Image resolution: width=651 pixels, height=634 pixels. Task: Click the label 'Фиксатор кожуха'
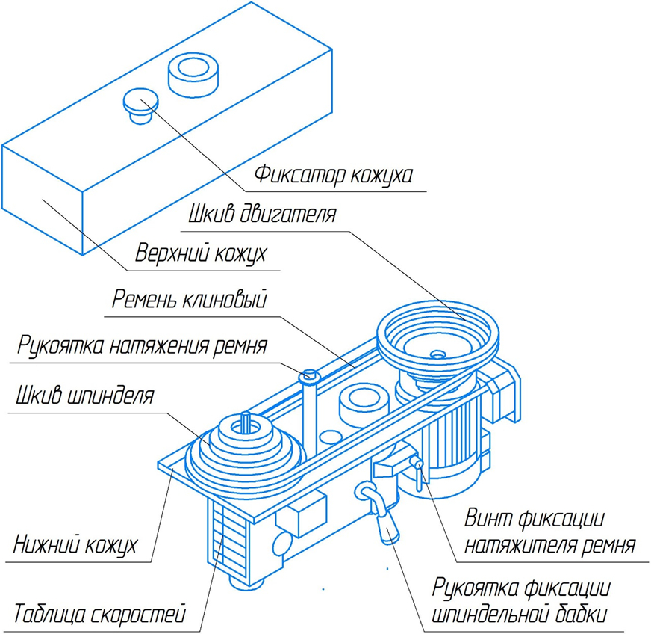tap(333, 176)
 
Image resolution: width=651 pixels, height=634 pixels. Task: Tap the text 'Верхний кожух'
tap(201, 254)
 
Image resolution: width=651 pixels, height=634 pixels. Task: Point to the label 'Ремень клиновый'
tap(190, 301)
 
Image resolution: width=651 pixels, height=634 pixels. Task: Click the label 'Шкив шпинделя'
tap(84, 394)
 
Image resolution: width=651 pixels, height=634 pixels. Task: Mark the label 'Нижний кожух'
tap(75, 544)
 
